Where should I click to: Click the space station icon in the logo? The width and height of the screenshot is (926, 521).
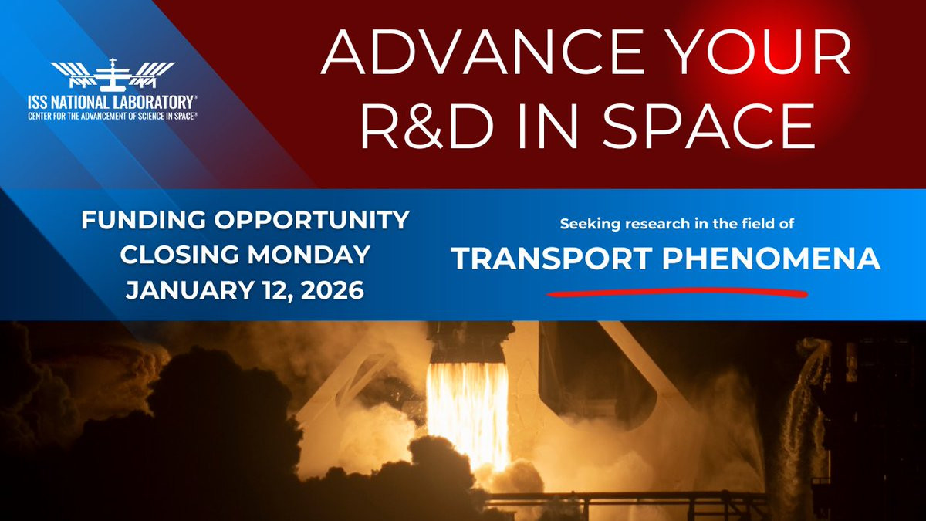113,75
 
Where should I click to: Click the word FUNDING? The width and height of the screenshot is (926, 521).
144,220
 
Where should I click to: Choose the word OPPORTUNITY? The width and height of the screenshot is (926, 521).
312,220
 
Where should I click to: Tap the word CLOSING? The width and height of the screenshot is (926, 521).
179,255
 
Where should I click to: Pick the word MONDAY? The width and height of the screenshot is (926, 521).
309,255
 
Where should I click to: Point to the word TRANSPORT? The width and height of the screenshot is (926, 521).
552,259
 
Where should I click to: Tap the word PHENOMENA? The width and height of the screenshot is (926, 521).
772,259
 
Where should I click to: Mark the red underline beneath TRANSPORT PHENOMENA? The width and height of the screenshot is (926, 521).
678,293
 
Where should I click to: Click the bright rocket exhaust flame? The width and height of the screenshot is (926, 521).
468,414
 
